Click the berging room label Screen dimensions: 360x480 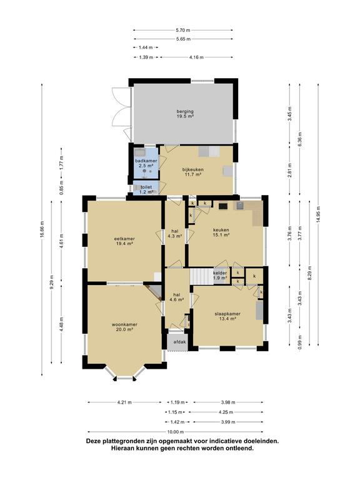coord(185,114)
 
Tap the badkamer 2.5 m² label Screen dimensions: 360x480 coord(146,163)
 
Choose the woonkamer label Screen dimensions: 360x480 coord(124,327)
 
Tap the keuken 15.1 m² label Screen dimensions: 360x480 coord(221,232)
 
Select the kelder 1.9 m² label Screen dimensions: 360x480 coord(220,275)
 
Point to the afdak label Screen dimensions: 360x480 coord(180,342)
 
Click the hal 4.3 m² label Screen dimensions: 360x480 coord(175,234)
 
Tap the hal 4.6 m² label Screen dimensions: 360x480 coord(176,297)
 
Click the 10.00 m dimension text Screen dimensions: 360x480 coord(176,432)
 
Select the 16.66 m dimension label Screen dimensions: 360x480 coord(42,229)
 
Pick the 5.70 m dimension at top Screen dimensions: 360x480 coord(183,30)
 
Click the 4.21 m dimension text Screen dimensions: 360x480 coord(124,402)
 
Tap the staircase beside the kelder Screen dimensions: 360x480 coord(201,276)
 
